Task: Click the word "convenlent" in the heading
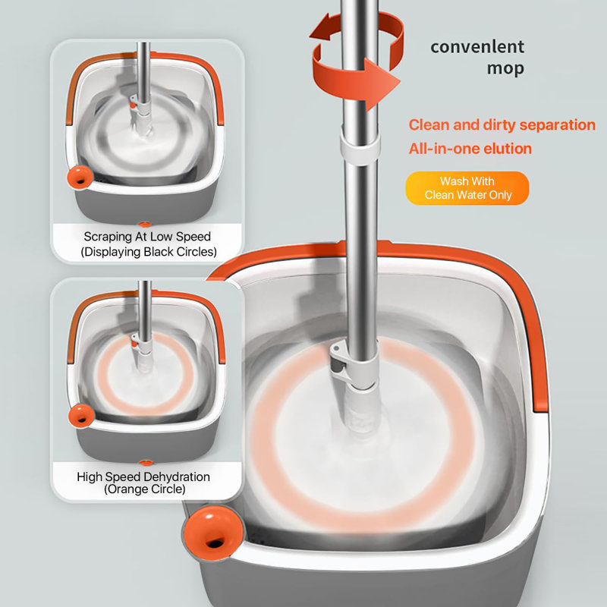coord(477,46)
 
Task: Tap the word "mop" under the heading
coord(505,68)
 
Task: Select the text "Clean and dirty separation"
coord(502,125)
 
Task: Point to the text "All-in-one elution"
coord(470,149)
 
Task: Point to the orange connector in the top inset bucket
coord(141,109)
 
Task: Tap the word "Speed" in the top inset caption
coord(193,237)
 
